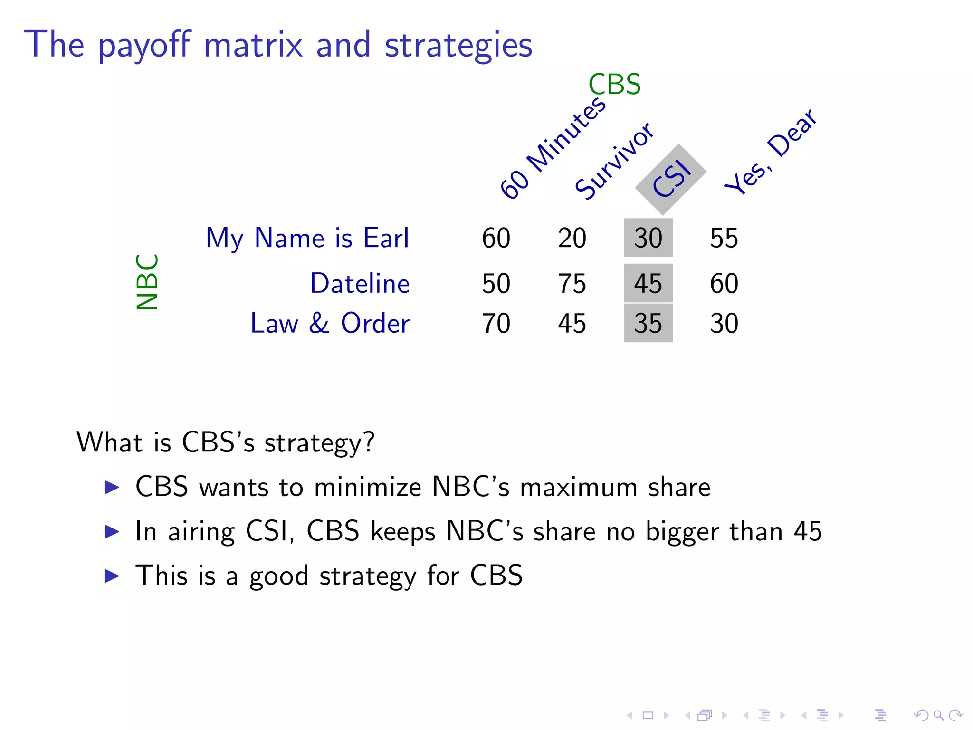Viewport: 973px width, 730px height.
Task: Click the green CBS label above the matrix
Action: point(614,85)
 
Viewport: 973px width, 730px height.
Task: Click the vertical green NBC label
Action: point(147,282)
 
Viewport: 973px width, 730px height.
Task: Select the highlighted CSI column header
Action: point(671,179)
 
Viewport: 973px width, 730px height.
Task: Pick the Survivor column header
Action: point(613,161)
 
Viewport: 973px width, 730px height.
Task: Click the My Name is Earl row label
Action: point(307,238)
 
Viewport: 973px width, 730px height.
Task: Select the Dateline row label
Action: point(360,284)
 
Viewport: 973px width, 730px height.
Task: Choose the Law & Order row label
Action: point(330,324)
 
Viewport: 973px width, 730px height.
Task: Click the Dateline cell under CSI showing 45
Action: point(648,284)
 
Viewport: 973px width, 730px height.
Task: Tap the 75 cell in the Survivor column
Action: point(572,284)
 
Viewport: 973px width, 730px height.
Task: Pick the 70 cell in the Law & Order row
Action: point(496,324)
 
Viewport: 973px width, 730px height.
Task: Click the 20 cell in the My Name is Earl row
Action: point(572,238)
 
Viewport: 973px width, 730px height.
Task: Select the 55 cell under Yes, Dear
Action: point(724,238)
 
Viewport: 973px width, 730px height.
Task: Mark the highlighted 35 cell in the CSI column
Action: point(648,324)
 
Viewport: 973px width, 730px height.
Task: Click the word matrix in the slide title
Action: point(253,45)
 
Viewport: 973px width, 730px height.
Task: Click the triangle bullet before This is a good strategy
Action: point(112,576)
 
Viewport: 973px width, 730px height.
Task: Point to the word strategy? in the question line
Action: point(319,443)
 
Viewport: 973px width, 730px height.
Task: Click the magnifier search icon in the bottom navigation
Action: point(939,715)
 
